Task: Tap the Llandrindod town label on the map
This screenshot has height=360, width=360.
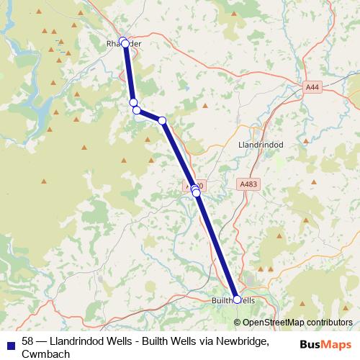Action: (260, 145)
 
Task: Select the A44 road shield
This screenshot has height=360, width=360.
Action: (311, 87)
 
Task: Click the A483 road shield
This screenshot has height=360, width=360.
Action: (248, 185)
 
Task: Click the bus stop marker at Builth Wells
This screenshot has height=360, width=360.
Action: (238, 300)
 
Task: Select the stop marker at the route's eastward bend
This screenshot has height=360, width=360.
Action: (163, 120)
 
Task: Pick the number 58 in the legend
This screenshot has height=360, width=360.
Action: (28, 341)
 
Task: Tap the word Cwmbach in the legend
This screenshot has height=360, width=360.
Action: (46, 354)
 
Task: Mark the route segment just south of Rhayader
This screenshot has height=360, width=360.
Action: (129, 72)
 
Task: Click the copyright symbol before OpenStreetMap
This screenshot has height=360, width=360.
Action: (238, 323)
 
